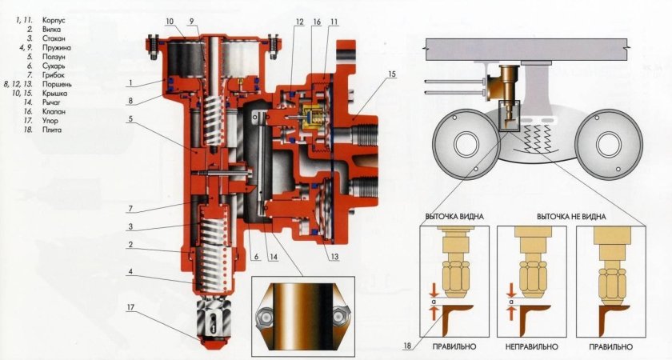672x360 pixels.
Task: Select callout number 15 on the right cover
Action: [390, 74]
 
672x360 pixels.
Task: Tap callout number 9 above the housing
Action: [192, 20]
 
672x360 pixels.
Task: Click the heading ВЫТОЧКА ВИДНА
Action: [455, 218]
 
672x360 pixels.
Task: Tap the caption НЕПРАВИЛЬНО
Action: [530, 347]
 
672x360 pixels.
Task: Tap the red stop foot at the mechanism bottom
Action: [214, 335]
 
